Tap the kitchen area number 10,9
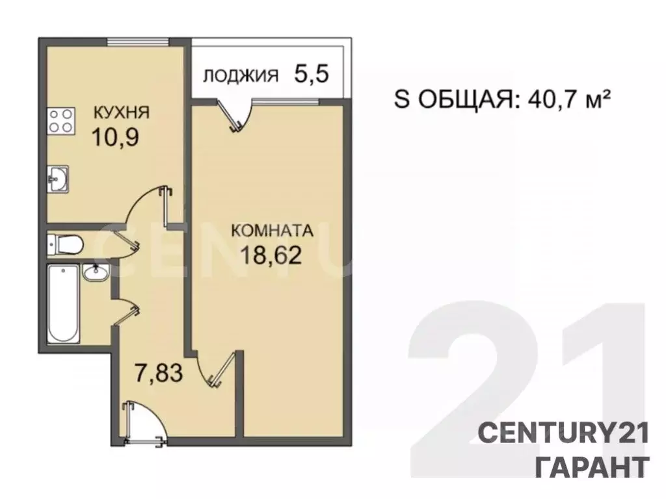coord(115,138)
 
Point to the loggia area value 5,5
coord(312,73)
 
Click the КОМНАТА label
coord(273,231)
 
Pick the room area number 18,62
coord(273,255)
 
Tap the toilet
coord(65,244)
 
